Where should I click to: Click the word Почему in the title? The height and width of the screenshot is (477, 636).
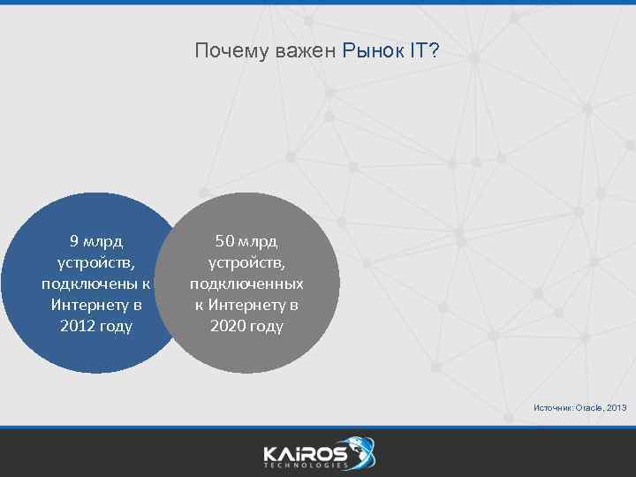tap(221, 52)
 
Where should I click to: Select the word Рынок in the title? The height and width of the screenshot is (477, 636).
tap(372, 52)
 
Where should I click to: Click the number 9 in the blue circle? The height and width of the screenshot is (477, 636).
tap(74, 240)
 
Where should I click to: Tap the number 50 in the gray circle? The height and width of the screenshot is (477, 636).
tap(224, 240)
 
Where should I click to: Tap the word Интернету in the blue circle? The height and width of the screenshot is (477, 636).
tap(86, 305)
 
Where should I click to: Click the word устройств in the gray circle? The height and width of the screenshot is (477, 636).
tap(244, 261)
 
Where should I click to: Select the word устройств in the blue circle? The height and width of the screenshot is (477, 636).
tap(94, 261)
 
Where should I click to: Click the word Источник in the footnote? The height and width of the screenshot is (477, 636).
tap(553, 407)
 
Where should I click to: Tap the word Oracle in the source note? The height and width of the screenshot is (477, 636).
tap(589, 407)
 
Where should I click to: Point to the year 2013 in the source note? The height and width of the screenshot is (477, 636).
tap(617, 407)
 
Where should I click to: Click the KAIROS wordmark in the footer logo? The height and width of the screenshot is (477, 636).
tap(306, 452)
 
